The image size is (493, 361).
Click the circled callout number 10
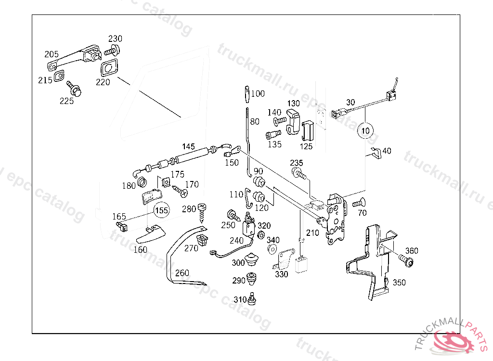(x=365, y=130)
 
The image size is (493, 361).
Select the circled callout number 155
(x=162, y=210)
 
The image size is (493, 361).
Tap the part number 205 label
(x=52, y=54)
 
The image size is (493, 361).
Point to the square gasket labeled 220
(x=109, y=67)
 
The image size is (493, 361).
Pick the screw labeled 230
(x=112, y=50)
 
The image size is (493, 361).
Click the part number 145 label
(x=188, y=146)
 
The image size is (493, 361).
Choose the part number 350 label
(x=399, y=282)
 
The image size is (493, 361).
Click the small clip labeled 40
(x=376, y=153)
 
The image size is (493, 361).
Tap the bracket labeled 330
(x=286, y=258)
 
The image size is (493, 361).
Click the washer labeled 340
(x=271, y=249)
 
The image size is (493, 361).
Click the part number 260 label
(x=182, y=273)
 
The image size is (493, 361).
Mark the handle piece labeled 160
(x=150, y=234)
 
